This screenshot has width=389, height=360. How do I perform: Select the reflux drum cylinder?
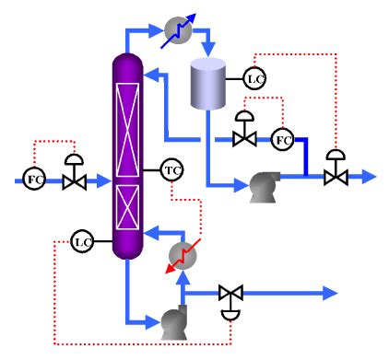(208, 84)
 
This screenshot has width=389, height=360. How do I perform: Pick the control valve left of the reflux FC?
(244, 138)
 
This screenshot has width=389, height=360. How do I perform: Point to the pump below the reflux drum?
(265, 187)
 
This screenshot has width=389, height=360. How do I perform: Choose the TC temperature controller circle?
(171, 169)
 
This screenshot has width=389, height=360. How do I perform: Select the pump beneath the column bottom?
(172, 322)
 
